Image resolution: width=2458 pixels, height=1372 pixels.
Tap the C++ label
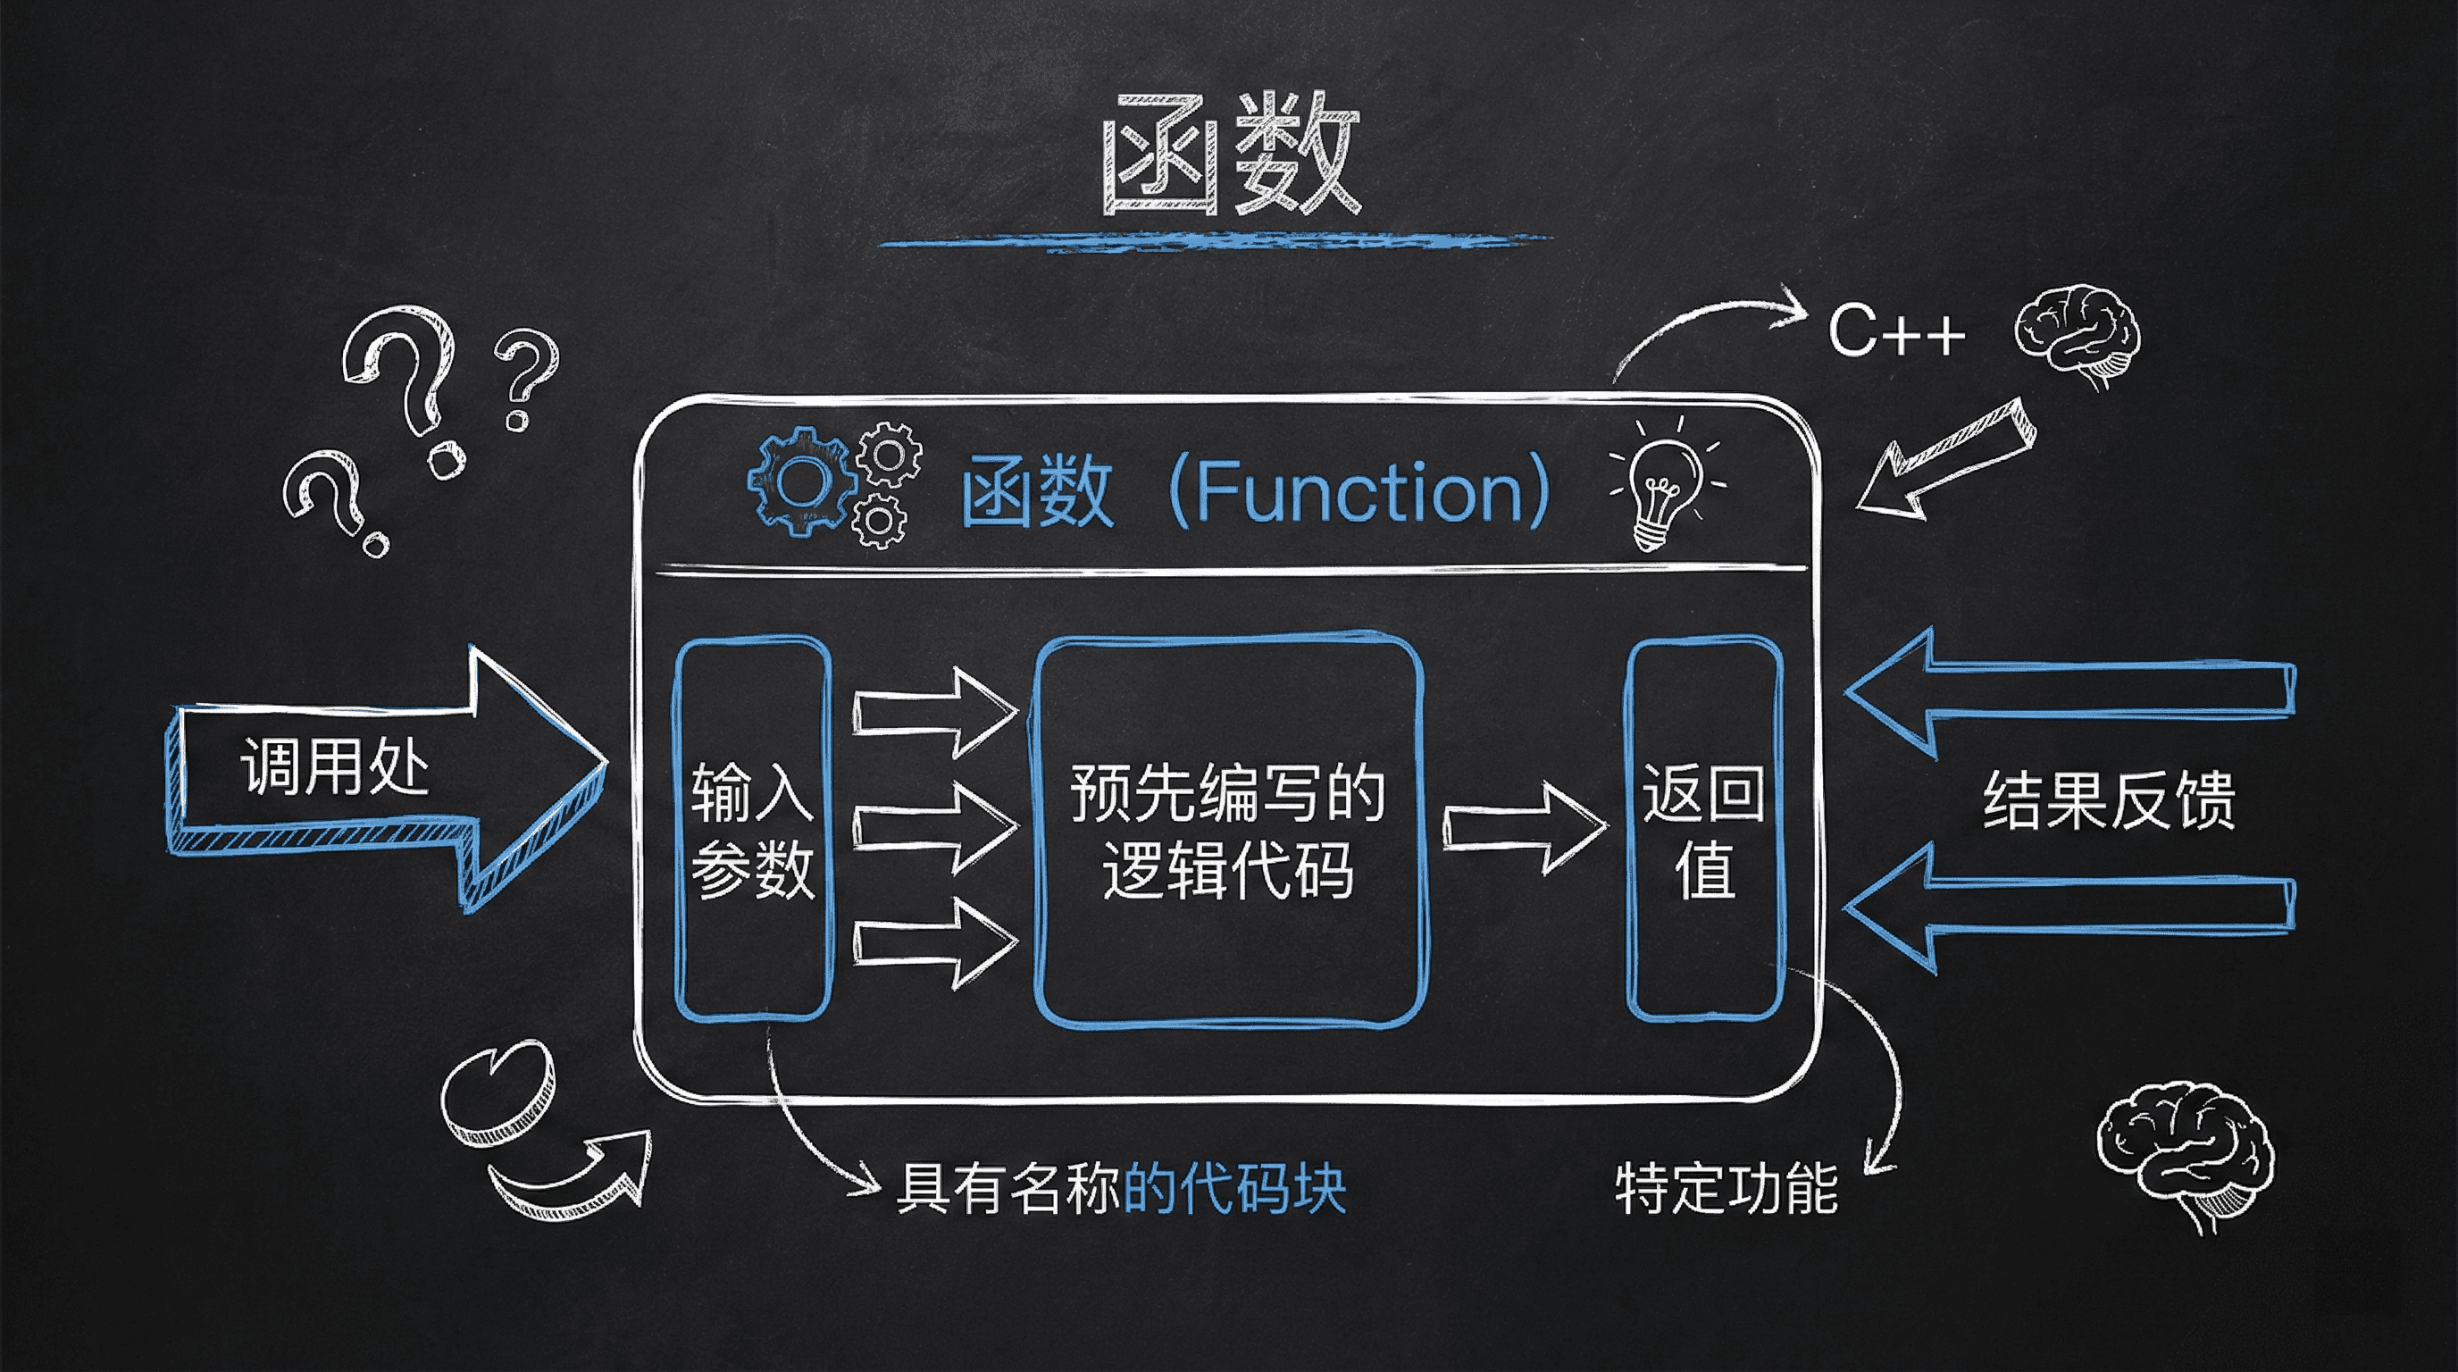pyautogui.click(x=1895, y=332)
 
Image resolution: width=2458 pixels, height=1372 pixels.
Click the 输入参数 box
pyautogui.click(x=753, y=828)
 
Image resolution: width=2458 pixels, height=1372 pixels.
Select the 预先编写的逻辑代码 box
pyautogui.click(x=1229, y=830)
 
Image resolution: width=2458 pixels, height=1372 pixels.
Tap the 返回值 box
pyautogui.click(x=1704, y=828)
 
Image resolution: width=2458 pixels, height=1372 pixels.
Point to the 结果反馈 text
pyautogui.click(x=2109, y=799)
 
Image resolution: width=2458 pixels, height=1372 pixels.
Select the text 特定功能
pyautogui.click(x=1726, y=1189)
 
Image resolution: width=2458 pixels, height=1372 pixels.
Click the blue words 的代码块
pyautogui.click(x=1235, y=1189)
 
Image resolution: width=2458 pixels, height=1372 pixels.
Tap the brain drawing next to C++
pyautogui.click(x=2078, y=334)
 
